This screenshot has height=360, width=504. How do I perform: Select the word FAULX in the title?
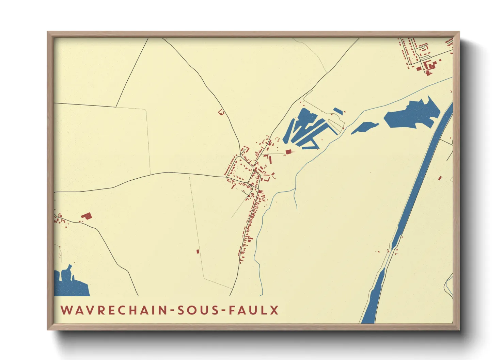pyautogui.click(x=254, y=310)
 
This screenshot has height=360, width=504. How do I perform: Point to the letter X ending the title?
pyautogui.click(x=274, y=310)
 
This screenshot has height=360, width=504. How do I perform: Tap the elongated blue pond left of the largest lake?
pyautogui.click(x=364, y=128)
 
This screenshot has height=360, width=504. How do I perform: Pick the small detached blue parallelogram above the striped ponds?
pyautogui.click(x=338, y=111)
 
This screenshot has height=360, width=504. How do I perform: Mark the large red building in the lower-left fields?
pyautogui.click(x=86, y=216)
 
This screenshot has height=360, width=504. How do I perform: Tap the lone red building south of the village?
pyautogui.click(x=198, y=251)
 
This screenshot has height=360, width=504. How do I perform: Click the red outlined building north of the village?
pyautogui.click(x=221, y=112)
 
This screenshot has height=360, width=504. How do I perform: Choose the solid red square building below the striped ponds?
pyautogui.click(x=288, y=151)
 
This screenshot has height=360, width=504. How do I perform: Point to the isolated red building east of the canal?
pyautogui.click(x=440, y=178)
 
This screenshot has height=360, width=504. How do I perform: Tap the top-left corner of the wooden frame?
pyautogui.click(x=48, y=32)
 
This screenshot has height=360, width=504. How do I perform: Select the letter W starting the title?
pyautogui.click(x=65, y=310)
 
